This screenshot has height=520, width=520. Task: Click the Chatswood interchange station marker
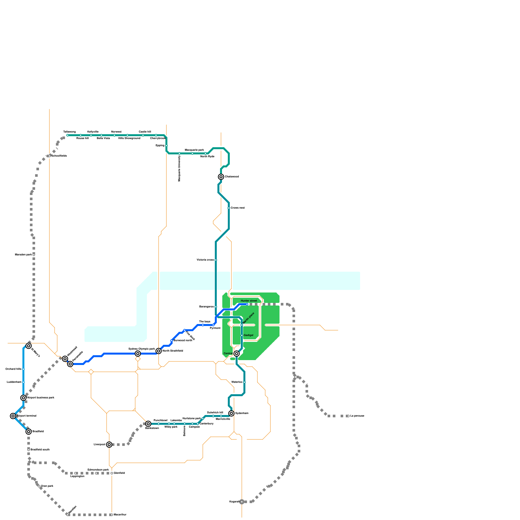(221, 177)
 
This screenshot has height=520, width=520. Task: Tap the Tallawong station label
(70, 132)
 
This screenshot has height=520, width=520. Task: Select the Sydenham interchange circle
(231, 413)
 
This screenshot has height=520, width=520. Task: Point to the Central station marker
(237, 354)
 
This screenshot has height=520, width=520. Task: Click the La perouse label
(357, 416)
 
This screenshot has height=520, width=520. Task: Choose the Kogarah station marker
(242, 502)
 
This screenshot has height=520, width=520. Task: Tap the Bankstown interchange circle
(148, 424)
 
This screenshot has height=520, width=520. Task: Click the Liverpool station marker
(109, 445)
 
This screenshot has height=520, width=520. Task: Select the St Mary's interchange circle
(29, 346)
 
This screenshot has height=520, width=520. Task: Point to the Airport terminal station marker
(13, 416)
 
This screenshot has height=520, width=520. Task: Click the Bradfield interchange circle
(29, 432)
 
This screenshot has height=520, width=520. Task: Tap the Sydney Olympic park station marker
(138, 354)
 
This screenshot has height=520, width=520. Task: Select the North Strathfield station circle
(159, 351)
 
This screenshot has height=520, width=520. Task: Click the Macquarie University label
(179, 168)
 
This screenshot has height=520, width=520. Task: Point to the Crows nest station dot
(229, 208)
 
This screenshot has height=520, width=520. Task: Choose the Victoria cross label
(205, 260)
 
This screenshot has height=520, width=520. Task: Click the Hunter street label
(249, 301)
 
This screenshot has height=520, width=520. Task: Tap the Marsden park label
(23, 255)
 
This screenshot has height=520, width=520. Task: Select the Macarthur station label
(120, 515)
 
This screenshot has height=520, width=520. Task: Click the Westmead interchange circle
(65, 359)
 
